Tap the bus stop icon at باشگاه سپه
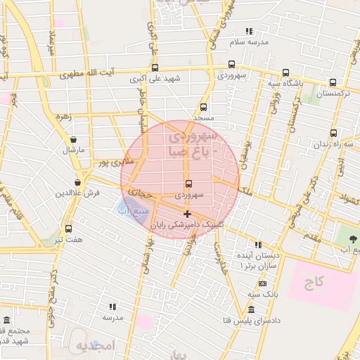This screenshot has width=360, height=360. (x=285, y=72)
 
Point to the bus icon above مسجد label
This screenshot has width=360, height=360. (x=204, y=108)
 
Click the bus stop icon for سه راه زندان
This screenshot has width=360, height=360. (x=333, y=132)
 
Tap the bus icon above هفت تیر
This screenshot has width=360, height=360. (x=68, y=229)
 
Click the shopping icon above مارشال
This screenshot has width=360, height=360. (x=73, y=139)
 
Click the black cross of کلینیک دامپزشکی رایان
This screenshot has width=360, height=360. (x=187, y=214)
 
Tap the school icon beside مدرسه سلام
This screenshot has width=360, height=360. (x=249, y=31)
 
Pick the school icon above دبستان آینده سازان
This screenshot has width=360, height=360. (x=259, y=245)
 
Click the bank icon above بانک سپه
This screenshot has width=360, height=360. (x=262, y=283)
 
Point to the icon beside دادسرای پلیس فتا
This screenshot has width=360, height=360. (x=252, y=310)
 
